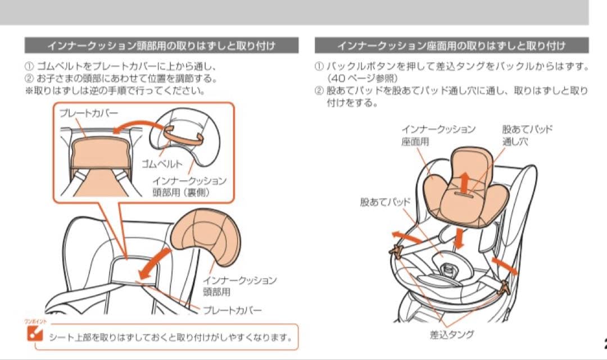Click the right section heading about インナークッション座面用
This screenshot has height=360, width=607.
tap(451, 45)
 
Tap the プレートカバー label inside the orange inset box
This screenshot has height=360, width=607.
tap(89, 113)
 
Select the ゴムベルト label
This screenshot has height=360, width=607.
tap(163, 164)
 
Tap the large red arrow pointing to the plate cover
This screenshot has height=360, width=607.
tap(155, 263)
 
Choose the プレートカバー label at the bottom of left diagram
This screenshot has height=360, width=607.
tap(232, 310)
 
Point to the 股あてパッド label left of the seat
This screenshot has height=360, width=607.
tap(386, 201)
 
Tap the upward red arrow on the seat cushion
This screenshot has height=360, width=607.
tap(465, 183)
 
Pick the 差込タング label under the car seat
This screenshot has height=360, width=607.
tap(451, 335)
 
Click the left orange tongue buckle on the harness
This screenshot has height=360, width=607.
tap(397, 252)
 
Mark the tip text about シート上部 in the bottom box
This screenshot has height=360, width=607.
tap(170, 338)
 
